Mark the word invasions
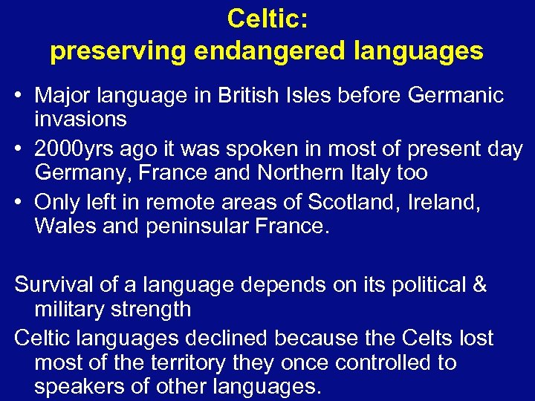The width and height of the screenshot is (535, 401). (x=80, y=119)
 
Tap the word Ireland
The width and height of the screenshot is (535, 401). (x=444, y=203)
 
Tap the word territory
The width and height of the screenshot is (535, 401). (x=185, y=363)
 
